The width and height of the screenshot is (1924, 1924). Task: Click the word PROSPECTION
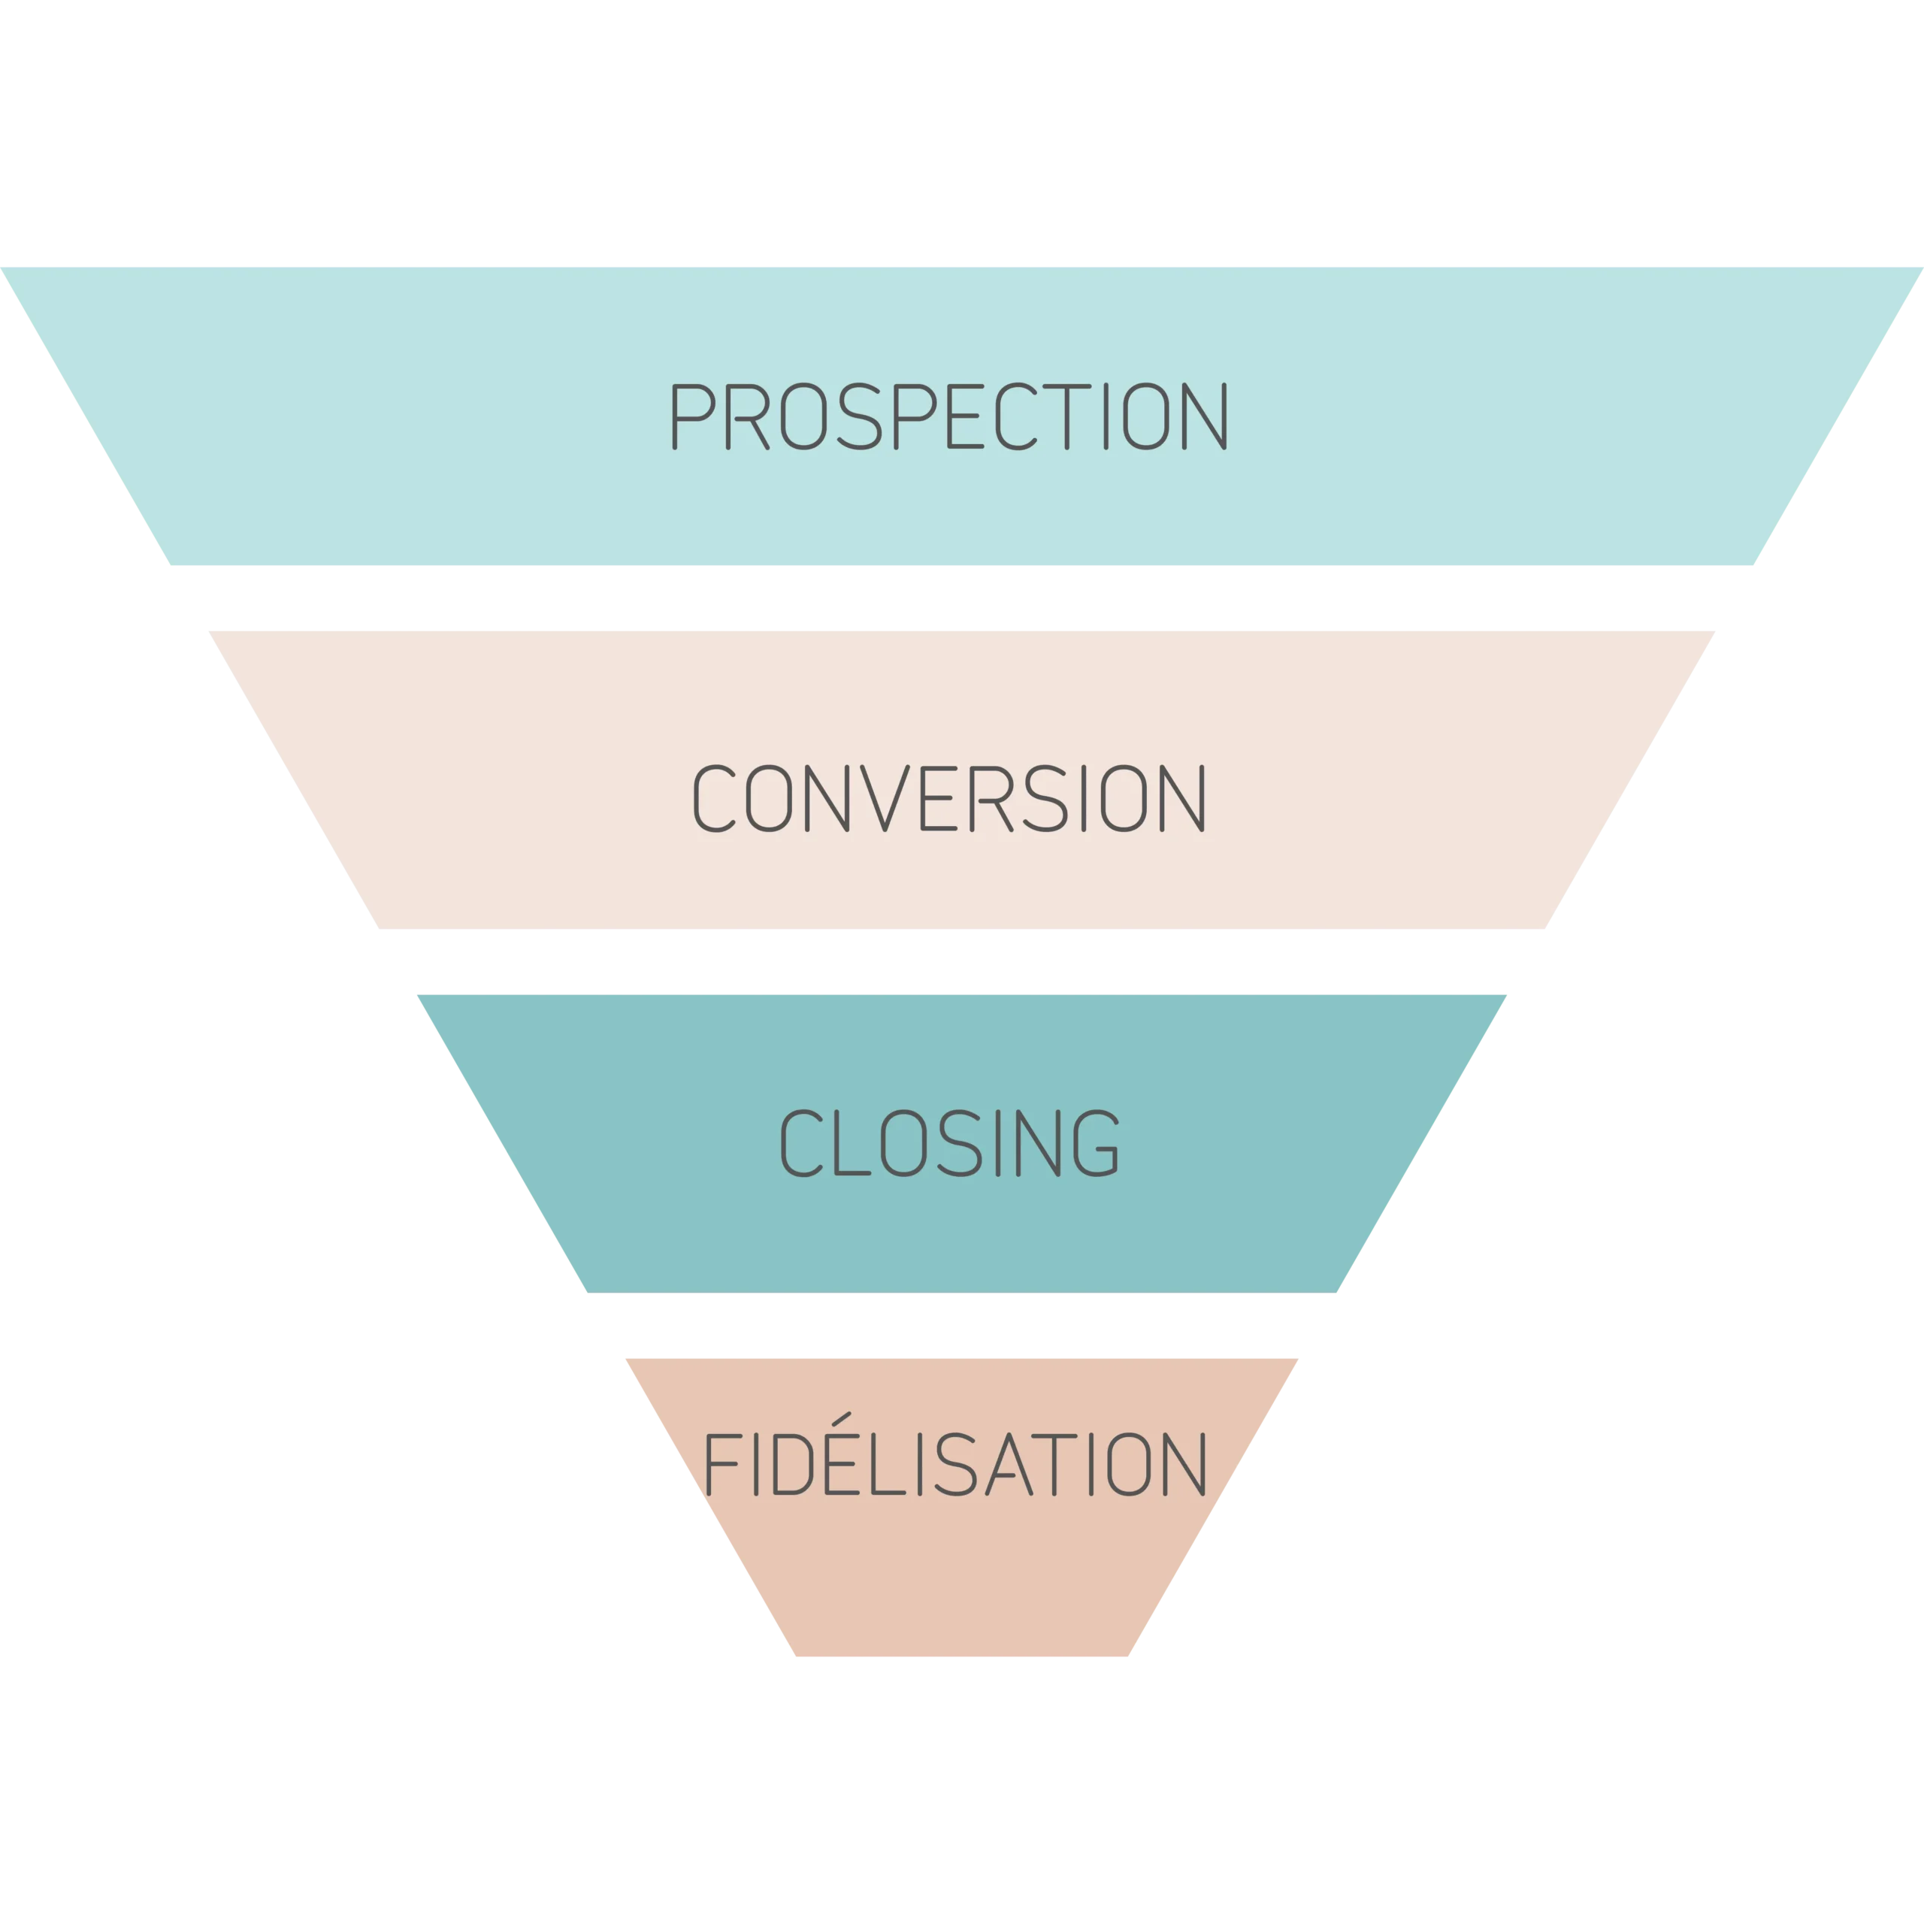tap(949, 416)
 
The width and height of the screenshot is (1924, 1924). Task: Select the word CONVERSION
tap(949, 799)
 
